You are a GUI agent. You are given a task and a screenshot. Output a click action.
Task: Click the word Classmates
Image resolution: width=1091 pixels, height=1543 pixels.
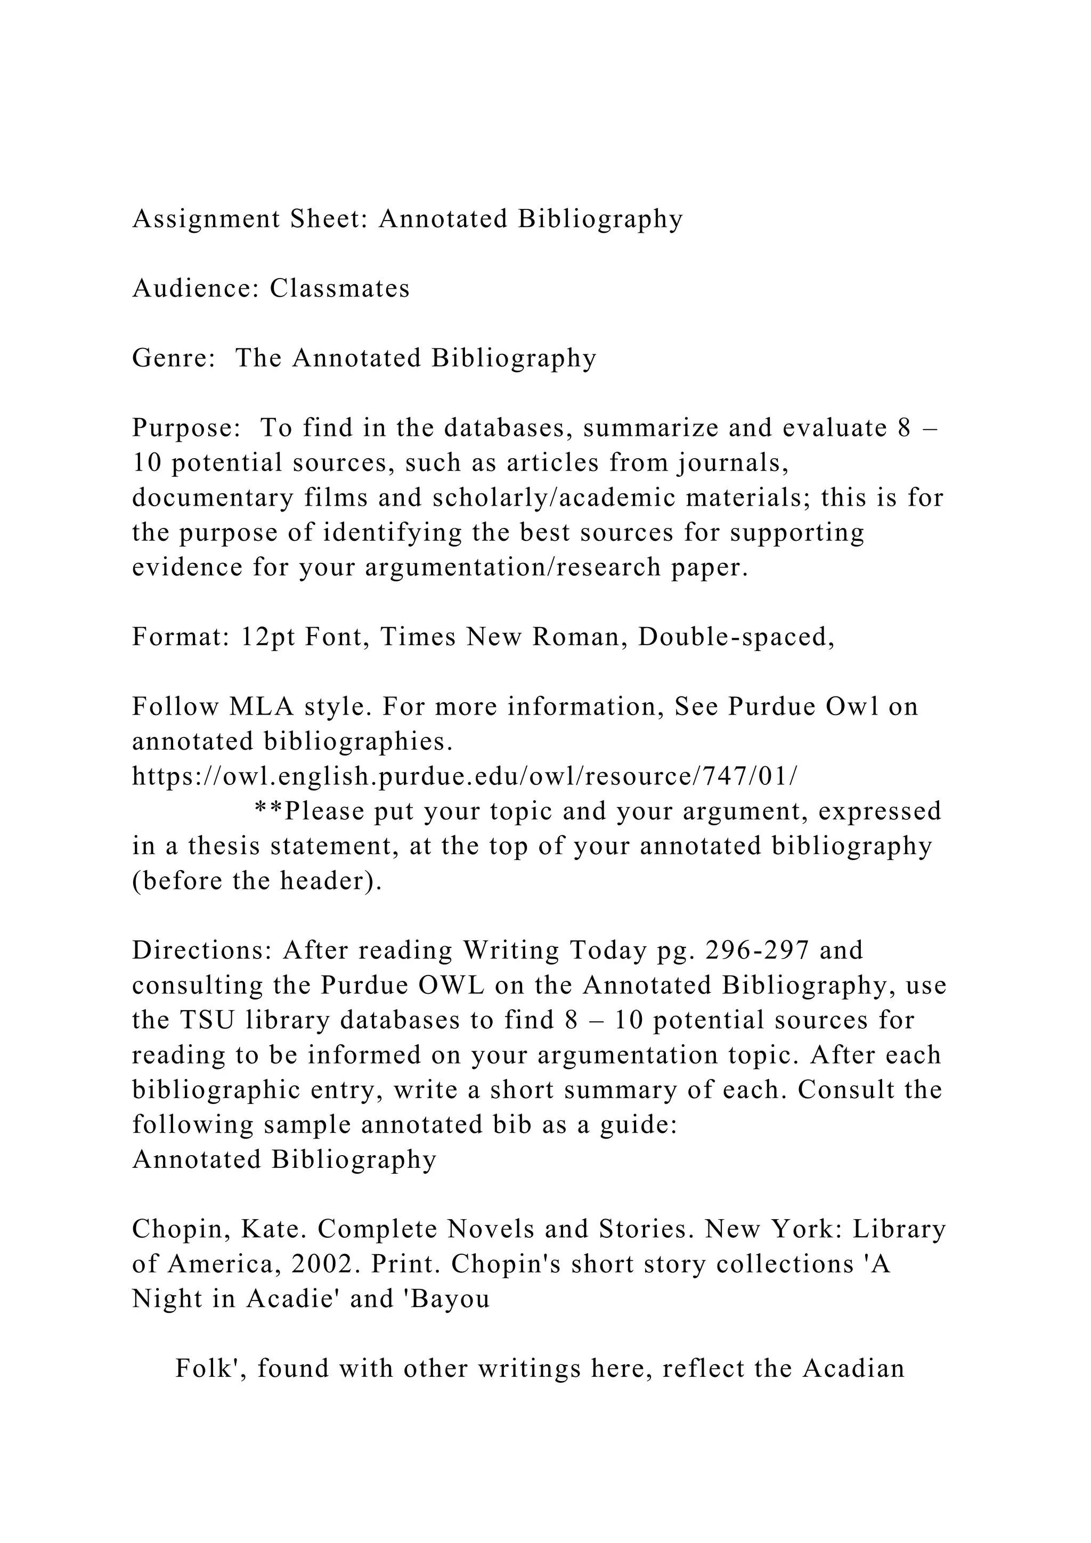(x=340, y=288)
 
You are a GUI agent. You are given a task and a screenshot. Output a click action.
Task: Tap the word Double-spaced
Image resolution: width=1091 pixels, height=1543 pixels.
(x=736, y=636)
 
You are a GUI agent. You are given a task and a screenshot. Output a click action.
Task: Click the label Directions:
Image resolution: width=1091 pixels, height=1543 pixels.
(x=202, y=951)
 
